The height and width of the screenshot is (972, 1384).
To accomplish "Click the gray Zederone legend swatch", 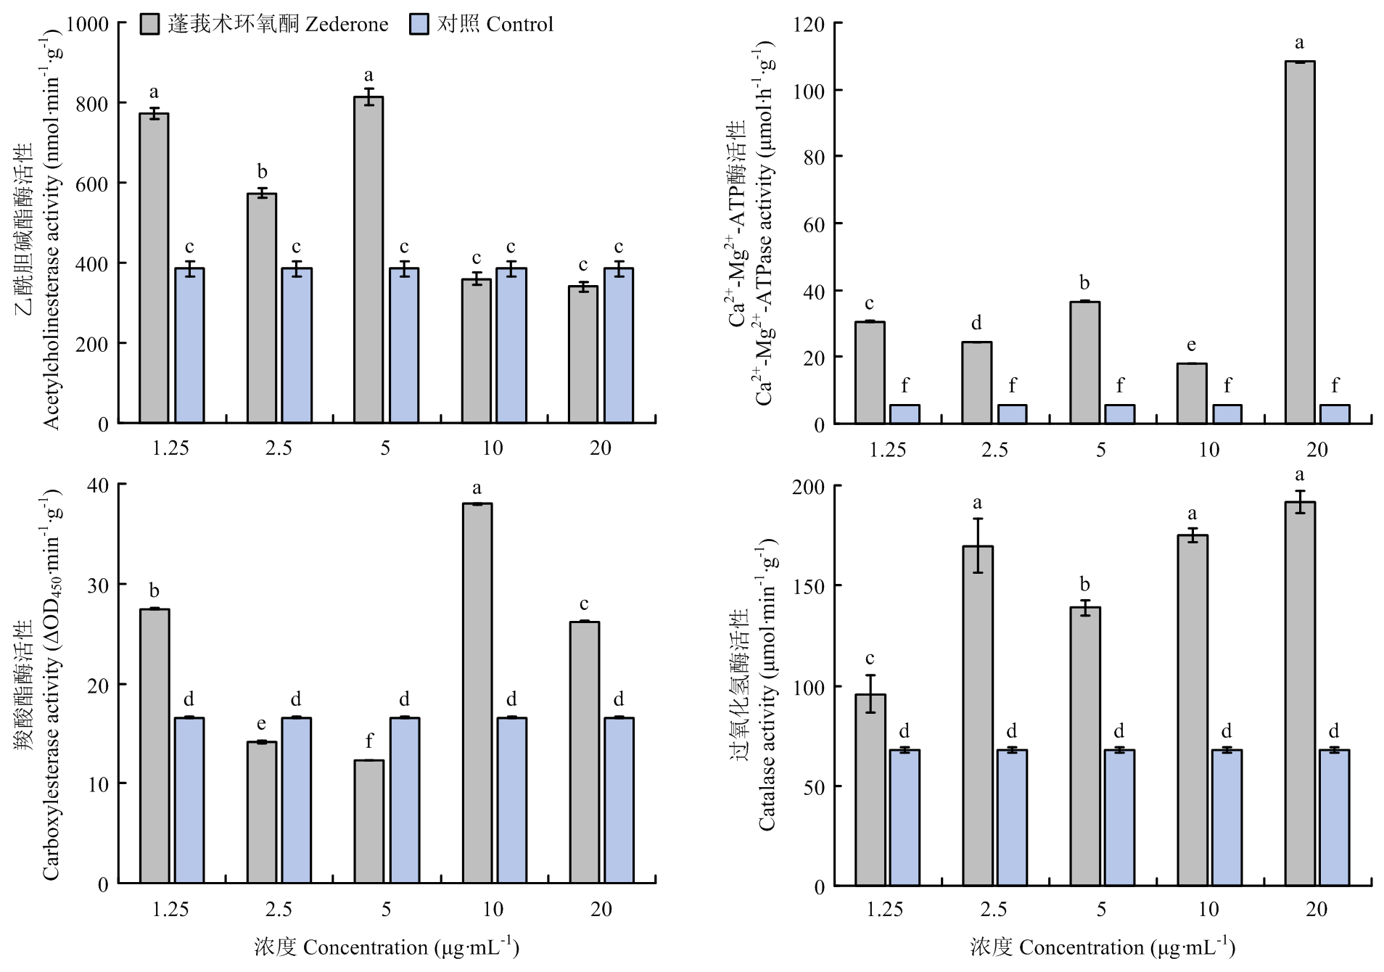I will click(x=151, y=25).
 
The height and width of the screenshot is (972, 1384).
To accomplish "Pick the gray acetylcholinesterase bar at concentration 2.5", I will click(x=262, y=308).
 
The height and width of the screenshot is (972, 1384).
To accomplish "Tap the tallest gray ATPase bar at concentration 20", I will click(x=1299, y=242).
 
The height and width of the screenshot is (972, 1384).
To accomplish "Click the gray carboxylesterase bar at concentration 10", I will click(x=477, y=693).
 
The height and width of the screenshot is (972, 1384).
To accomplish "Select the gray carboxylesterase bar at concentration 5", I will click(x=368, y=821).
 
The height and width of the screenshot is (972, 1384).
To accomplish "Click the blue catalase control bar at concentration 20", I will click(x=1334, y=817).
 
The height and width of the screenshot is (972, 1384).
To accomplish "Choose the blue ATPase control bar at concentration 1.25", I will click(x=905, y=414).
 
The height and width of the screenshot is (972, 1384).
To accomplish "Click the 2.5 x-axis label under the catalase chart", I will click(x=994, y=910).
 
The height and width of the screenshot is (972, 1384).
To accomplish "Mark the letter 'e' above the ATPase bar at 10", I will click(x=1191, y=345).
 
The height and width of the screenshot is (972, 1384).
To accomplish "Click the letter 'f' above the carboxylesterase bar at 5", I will click(x=369, y=741).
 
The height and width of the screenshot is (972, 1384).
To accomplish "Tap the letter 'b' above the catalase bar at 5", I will click(x=1084, y=585).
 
